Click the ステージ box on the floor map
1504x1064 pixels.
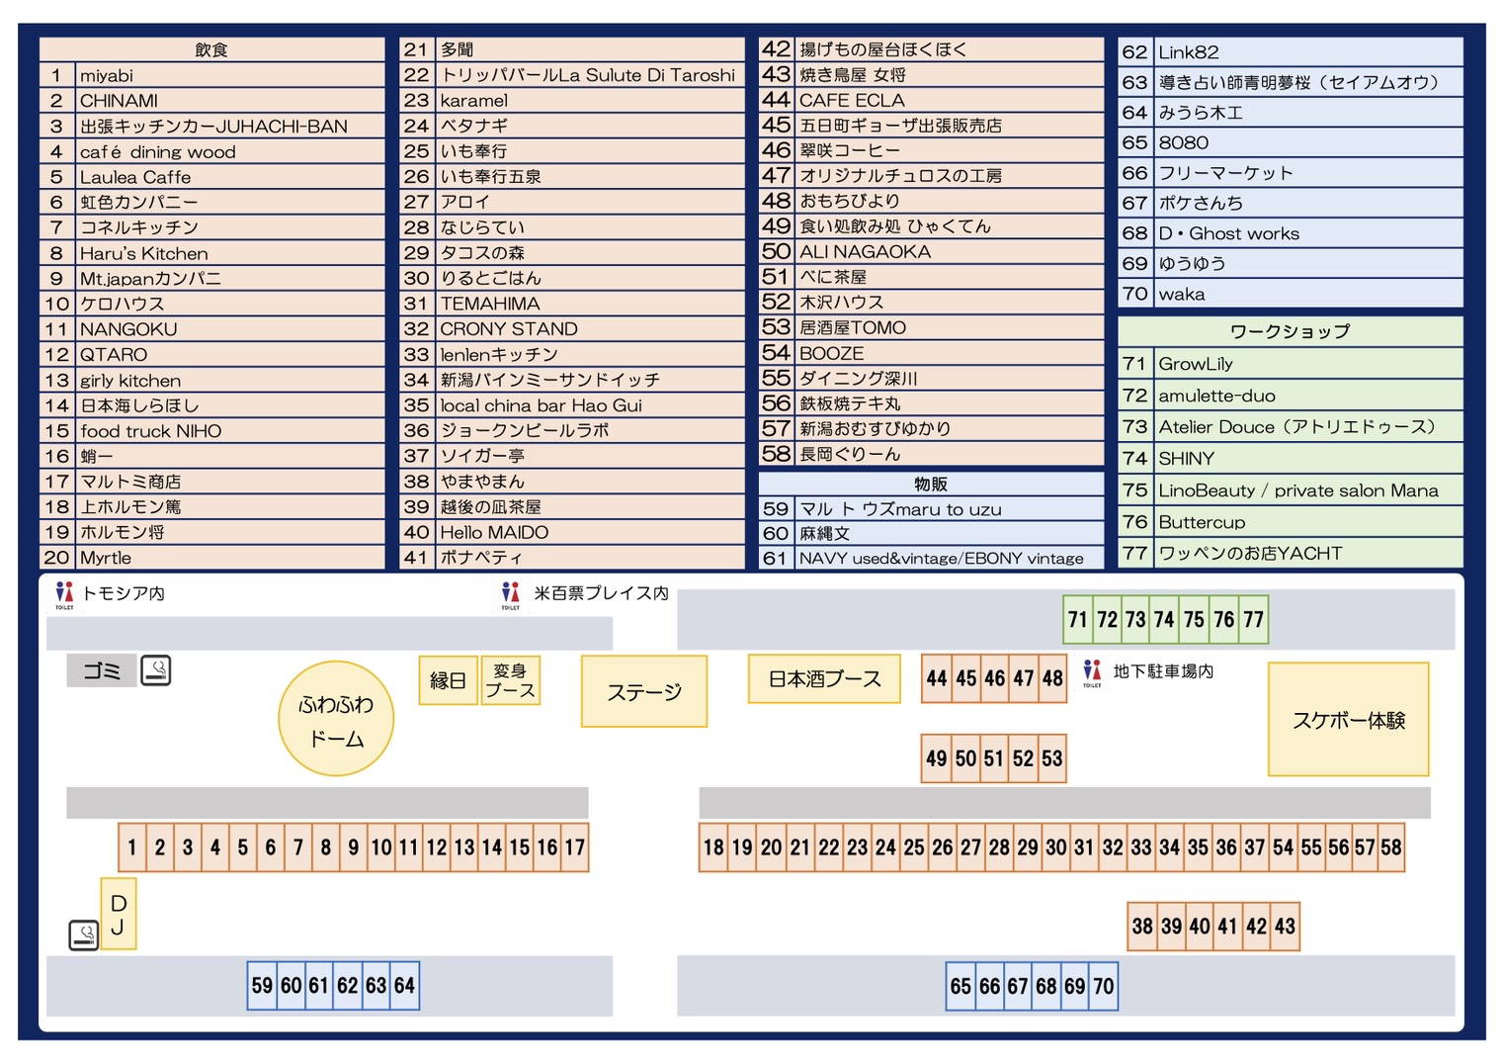point(644,691)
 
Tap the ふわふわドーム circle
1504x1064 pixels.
point(336,719)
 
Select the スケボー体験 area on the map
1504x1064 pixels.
point(1348,720)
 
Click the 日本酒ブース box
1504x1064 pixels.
point(824,679)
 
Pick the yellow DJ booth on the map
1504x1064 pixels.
point(119,914)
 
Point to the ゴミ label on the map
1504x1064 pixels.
point(102,671)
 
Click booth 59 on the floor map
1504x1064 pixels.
point(262,986)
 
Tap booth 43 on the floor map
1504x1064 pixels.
point(1285,927)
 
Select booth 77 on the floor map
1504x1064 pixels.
point(1254,619)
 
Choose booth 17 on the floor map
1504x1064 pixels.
point(575,847)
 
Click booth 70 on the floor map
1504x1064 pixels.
point(1104,986)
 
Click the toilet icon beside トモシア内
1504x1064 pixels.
point(64,595)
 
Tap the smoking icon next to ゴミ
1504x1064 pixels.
point(156,670)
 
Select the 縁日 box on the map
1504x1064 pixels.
point(448,680)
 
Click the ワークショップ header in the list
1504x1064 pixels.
point(1290,331)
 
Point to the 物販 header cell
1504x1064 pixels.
point(931,484)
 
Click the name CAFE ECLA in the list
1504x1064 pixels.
point(852,100)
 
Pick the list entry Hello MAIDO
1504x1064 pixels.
point(494,533)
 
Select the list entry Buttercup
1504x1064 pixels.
point(1202,522)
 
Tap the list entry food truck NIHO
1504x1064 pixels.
point(150,430)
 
